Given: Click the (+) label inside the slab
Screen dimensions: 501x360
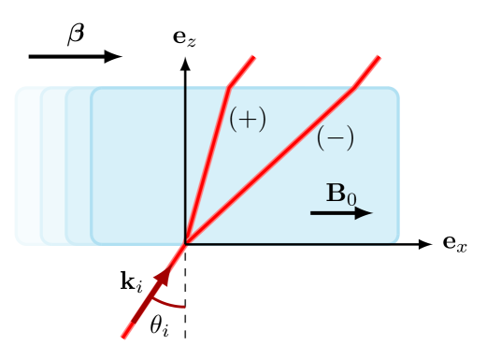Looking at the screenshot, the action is (248, 120).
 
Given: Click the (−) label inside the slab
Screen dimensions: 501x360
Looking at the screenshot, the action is (335, 138).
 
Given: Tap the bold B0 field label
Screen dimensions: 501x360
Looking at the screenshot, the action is (340, 194).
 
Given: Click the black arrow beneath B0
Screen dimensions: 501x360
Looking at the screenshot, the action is (336, 213).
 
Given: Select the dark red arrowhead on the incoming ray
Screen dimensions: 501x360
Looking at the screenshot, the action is (163, 277).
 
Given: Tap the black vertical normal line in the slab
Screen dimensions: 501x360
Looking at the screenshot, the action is (185, 159).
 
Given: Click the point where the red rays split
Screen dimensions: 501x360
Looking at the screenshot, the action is (185, 243).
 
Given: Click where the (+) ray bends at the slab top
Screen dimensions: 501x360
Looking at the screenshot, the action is (230, 88).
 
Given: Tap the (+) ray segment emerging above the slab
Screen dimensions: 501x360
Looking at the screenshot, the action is (243, 71).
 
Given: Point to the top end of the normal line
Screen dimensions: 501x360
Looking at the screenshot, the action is (185, 87).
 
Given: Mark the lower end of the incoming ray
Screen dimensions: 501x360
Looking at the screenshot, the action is (123, 337).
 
